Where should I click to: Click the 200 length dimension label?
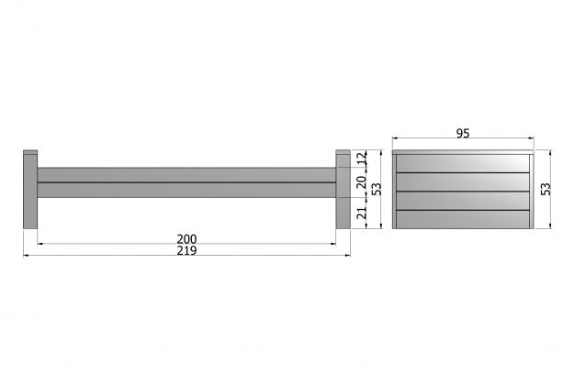pyautogui.click(x=186, y=239)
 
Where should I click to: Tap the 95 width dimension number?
pyautogui.click(x=463, y=134)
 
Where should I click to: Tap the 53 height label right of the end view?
pyautogui.click(x=546, y=189)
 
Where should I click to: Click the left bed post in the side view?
pyautogui.click(x=29, y=190)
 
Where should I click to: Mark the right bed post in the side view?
pyautogui.click(x=343, y=190)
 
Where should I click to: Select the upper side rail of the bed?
pyautogui.click(x=186, y=174)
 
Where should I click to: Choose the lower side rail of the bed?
pyautogui.click(x=186, y=191)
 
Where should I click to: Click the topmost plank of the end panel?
pyautogui.click(x=463, y=163)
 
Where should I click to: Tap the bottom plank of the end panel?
pyautogui.click(x=463, y=220)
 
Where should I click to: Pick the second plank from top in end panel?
pyautogui.click(x=463, y=182)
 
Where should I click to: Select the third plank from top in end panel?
pyautogui.click(x=463, y=202)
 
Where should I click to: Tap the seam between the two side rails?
pyautogui.click(x=186, y=182)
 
